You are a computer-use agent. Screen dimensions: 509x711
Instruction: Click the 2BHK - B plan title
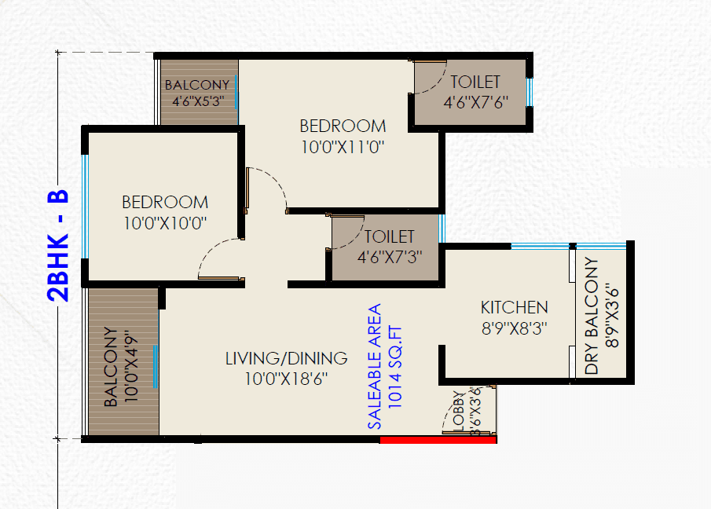60,246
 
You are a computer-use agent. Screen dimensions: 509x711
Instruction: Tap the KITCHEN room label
515,307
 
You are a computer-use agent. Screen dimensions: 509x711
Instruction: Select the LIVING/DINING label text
286,359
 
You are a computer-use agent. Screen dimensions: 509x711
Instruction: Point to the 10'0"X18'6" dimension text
286,379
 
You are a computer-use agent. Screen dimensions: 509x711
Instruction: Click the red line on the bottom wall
438,440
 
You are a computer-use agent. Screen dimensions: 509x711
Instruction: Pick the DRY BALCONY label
592,317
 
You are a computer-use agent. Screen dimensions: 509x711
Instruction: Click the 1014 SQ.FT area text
395,365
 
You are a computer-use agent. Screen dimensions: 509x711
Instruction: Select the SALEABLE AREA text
375,365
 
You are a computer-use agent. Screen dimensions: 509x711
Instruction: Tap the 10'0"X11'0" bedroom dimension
343,145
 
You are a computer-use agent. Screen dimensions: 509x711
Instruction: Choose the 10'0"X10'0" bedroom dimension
165,222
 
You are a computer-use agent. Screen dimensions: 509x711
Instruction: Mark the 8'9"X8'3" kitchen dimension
515,328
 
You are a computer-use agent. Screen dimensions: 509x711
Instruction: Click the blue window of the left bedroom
85,206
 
